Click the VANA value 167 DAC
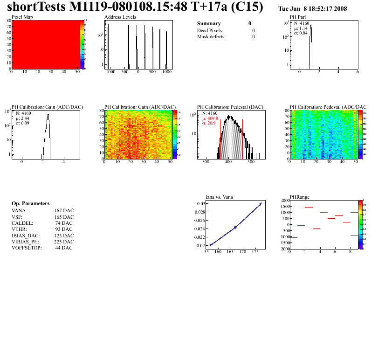[64, 211]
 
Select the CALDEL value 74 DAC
[64, 223]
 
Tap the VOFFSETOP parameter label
[27, 248]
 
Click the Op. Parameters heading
[30, 204]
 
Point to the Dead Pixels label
[211, 30]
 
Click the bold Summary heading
[209, 23]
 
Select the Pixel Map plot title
[22, 17]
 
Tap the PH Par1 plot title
[299, 17]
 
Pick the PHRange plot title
[300, 197]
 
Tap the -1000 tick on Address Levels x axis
[110, 72]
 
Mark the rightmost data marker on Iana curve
[261, 204]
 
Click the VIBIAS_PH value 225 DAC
[64, 242]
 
